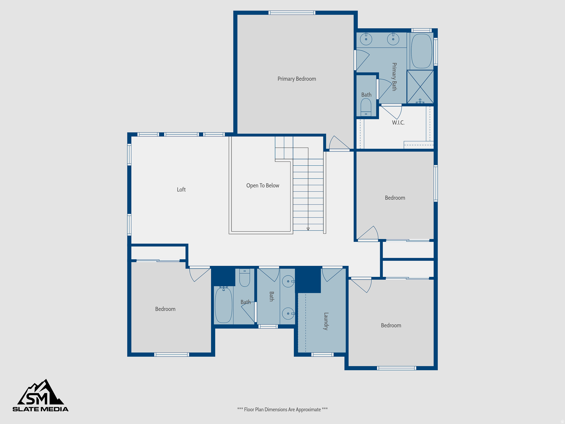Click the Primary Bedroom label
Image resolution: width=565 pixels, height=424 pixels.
[297, 79]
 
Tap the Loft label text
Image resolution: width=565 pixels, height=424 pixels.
[181, 190]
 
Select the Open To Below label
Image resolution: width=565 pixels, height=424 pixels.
[263, 185]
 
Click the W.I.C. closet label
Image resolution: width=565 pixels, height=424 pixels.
[398, 123]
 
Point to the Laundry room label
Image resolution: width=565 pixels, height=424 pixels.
[326, 321]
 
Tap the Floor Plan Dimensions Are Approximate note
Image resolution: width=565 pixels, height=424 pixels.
[282, 409]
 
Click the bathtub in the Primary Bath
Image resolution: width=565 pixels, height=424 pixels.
[422, 51]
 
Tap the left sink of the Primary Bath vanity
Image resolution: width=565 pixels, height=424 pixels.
[366, 39]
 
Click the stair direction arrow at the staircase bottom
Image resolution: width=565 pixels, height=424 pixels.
[308, 229]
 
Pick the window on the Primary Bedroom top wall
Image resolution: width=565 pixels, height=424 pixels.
[292, 13]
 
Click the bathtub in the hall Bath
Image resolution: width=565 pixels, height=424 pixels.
[223, 305]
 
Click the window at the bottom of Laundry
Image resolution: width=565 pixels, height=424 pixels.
[323, 354]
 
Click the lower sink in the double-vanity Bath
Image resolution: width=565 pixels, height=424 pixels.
[288, 314]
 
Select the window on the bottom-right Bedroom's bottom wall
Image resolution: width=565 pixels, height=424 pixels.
[396, 368]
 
